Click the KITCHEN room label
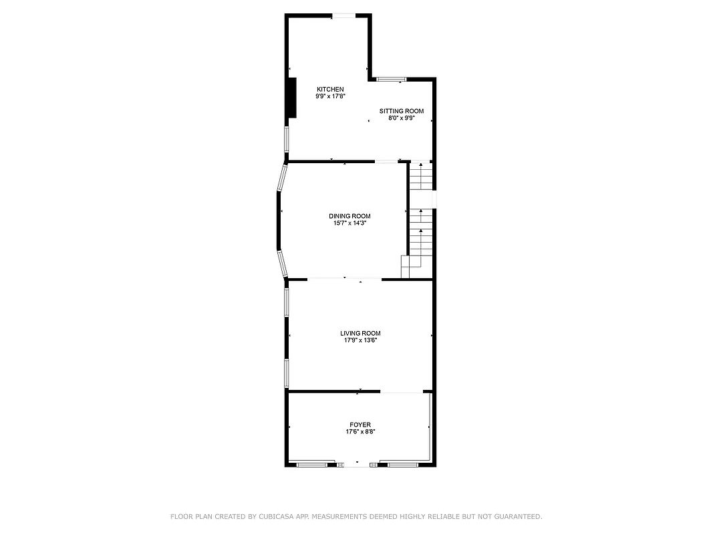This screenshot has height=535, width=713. (x=330, y=90)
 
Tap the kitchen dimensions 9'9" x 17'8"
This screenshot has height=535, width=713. (x=330, y=96)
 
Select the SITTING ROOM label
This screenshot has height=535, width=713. (x=402, y=111)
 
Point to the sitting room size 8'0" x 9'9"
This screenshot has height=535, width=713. (x=402, y=118)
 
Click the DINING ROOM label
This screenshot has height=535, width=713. (x=349, y=216)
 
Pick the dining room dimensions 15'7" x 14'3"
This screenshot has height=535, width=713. (x=349, y=223)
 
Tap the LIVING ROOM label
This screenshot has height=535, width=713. (x=360, y=333)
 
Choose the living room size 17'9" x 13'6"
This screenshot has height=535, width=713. (x=360, y=340)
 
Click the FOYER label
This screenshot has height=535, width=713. (x=360, y=425)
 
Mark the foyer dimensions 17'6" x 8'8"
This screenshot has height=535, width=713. (x=360, y=432)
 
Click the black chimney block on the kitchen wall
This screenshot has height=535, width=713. (x=291, y=98)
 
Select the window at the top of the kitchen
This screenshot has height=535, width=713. (x=345, y=15)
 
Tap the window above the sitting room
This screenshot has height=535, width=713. (x=391, y=80)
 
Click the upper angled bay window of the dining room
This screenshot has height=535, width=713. (x=282, y=179)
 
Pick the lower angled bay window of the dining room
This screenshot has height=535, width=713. (x=283, y=263)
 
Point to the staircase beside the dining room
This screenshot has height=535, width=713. (x=421, y=221)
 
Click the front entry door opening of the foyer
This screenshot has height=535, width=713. (x=358, y=463)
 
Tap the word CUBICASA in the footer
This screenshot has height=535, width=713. (x=288, y=516)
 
